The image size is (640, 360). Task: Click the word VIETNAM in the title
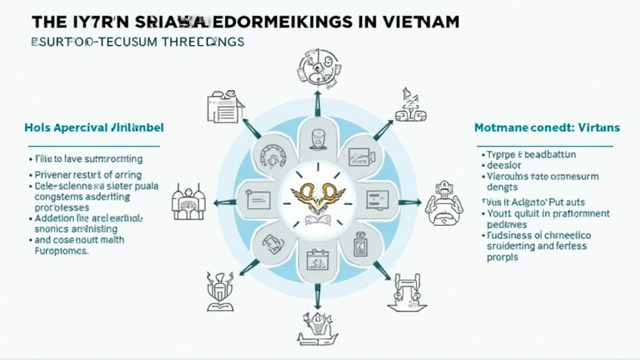421,21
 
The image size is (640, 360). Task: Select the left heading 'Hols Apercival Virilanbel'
94,127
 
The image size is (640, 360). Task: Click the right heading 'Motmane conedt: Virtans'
547,127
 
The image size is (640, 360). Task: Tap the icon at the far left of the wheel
189,202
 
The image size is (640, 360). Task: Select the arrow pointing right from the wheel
410,202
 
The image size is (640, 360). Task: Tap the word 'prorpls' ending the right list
503,257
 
